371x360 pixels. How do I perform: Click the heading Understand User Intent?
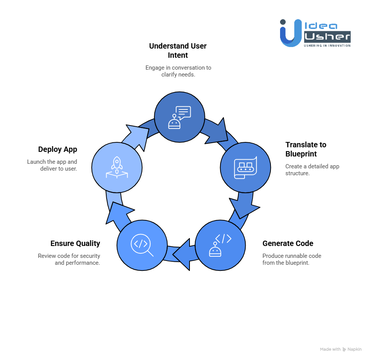[178, 50]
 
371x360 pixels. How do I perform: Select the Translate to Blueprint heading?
[306, 149]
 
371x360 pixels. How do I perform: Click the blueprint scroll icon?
[245, 168]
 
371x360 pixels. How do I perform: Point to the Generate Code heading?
[288, 243]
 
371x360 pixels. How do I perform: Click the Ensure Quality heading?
[75, 243]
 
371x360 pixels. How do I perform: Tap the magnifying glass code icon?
[142, 245]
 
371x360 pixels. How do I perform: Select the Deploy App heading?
[58, 149]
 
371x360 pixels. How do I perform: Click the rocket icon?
[117, 168]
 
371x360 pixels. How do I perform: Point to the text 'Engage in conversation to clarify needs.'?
[178, 71]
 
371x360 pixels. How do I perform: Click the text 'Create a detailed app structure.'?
[312, 170]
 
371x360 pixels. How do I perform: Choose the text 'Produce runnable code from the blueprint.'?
[292, 259]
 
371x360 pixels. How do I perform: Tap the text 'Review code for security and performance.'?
[69, 259]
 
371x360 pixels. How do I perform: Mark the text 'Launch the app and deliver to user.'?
[52, 165]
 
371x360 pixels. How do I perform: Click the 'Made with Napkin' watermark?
[340, 349]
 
